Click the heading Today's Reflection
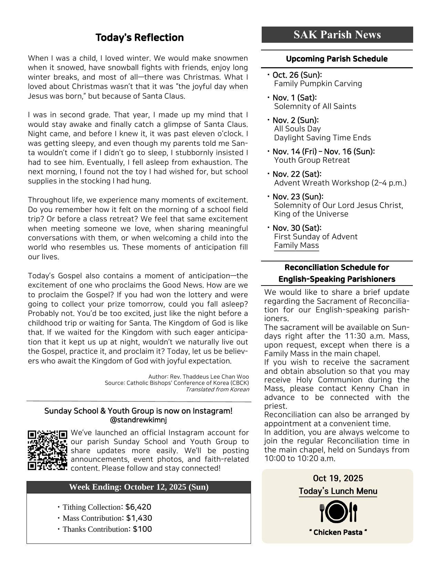[x=139, y=37]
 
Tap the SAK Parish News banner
[x=337, y=34]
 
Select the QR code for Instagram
[x=47, y=450]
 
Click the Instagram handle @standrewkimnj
[x=138, y=420]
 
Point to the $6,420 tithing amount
[x=138, y=507]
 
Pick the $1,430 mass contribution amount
[x=139, y=518]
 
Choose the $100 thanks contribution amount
[x=142, y=529]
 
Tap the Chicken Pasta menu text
[x=338, y=532]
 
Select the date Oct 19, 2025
[x=338, y=478]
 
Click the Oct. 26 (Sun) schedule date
[x=297, y=75]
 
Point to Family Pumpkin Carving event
[x=318, y=84]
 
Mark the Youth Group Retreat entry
[x=312, y=160]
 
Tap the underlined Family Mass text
[x=296, y=246]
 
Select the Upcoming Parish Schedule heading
[x=337, y=59]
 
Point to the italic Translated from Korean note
[x=217, y=389]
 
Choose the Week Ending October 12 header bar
[x=139, y=487]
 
